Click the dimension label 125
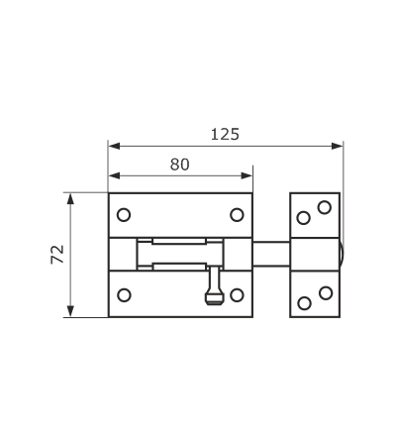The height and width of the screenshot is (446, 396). (225, 135)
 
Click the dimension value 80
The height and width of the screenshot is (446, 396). (180, 165)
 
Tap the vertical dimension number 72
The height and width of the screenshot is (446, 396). (57, 255)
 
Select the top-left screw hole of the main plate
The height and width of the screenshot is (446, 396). (124, 215)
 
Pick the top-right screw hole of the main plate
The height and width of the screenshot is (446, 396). (237, 215)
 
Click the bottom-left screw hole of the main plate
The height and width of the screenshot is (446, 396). (124, 295)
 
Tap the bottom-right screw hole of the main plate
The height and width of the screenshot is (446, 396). (237, 295)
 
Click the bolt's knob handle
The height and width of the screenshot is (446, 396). (215, 286)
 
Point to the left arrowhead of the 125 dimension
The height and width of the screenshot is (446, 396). (114, 146)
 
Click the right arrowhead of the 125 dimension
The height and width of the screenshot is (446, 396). (337, 146)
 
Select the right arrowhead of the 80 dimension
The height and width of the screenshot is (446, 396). (247, 175)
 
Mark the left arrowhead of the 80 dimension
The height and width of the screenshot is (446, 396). (114, 175)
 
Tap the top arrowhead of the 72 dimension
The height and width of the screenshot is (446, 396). (70, 199)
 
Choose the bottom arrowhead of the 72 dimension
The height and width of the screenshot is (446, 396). (70, 311)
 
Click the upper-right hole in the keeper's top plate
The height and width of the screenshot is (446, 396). (325, 207)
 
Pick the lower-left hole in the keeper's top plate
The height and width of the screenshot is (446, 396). (304, 218)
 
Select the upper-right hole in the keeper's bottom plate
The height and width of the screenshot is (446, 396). (326, 293)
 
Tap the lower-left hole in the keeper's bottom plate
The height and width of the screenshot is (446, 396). (304, 303)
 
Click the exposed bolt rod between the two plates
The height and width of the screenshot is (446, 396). (271, 254)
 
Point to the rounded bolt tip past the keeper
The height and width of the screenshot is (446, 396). (342, 254)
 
